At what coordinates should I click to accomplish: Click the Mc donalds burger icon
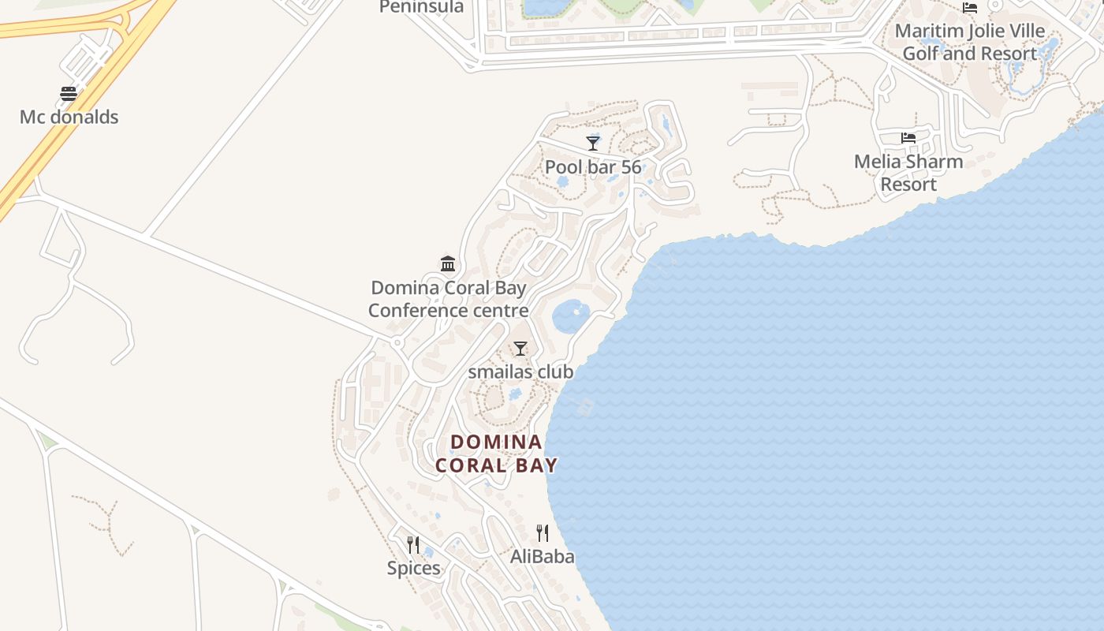click(69, 94)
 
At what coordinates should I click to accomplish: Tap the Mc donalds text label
click(69, 117)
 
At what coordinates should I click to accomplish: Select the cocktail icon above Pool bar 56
click(593, 143)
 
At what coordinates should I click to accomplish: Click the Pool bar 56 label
click(593, 166)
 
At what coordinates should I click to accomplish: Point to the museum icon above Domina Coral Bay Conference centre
click(448, 263)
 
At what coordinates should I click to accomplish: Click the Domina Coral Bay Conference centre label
click(448, 299)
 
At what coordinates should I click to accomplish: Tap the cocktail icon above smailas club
click(520, 349)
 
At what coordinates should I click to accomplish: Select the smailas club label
click(520, 372)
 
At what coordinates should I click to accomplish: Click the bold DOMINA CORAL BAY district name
click(497, 454)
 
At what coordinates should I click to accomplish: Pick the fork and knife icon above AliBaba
click(543, 533)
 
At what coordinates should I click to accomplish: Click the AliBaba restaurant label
click(543, 556)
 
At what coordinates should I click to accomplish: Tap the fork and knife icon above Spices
click(413, 544)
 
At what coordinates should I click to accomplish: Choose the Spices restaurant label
click(413, 568)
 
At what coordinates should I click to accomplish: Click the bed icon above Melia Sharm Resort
click(908, 138)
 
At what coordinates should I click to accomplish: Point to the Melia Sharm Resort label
click(908, 173)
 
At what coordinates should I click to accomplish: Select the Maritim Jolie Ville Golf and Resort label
click(969, 43)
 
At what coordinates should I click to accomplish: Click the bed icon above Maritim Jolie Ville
click(970, 8)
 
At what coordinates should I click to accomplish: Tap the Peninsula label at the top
click(421, 7)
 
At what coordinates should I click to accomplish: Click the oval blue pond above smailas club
click(571, 316)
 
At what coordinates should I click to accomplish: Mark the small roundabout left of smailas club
click(397, 343)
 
